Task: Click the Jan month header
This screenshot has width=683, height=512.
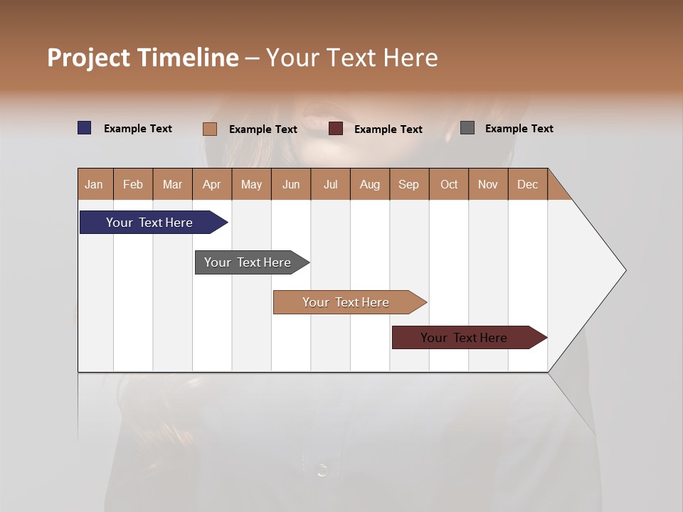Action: [95, 184]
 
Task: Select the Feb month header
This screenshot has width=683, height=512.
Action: [133, 184]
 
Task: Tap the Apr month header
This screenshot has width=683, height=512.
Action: [212, 184]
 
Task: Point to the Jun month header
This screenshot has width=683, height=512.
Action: [291, 184]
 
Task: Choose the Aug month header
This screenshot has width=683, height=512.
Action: [370, 184]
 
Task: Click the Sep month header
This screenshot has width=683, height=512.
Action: [409, 184]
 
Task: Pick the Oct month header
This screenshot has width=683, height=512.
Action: [449, 184]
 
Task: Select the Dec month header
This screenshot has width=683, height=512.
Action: [528, 184]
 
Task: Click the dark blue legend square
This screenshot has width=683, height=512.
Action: [85, 128]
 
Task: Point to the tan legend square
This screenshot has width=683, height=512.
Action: [210, 129]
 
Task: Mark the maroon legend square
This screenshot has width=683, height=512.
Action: [336, 129]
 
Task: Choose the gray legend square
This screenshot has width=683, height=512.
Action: [467, 128]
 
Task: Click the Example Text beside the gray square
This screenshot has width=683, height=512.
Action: [519, 129]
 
